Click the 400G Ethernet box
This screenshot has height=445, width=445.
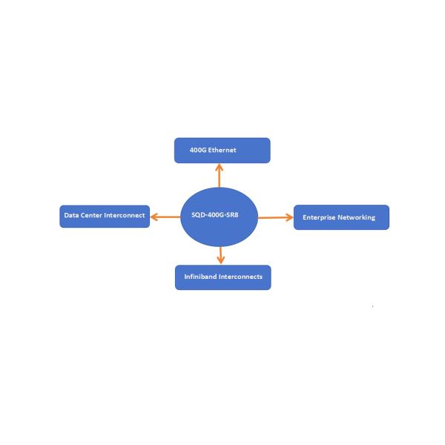[x=222, y=150]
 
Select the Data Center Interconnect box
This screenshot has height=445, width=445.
[x=105, y=216]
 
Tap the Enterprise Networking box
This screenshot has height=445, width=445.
[x=341, y=217]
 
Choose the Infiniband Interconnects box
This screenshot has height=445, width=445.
[x=222, y=277]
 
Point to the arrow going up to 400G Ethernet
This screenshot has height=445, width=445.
[x=220, y=175]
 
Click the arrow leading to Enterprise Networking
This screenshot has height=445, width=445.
[x=275, y=217]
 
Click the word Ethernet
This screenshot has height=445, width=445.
[x=222, y=150]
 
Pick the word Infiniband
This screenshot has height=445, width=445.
[x=200, y=277]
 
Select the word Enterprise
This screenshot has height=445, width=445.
[x=319, y=217]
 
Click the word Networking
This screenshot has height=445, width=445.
[x=357, y=217]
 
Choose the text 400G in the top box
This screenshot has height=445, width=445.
[x=198, y=150]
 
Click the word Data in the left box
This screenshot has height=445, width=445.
[x=71, y=216]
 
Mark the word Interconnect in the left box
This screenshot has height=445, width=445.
[x=125, y=216]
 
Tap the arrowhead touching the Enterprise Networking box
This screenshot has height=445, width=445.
[x=289, y=217]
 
